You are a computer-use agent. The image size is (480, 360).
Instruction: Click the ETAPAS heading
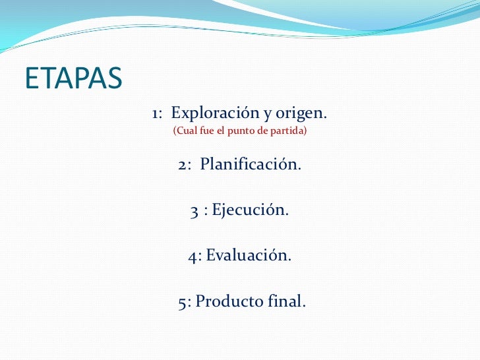coord(73,78)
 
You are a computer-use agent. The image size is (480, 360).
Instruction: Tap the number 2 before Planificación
coord(182,165)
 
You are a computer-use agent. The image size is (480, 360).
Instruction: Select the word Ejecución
coord(249,210)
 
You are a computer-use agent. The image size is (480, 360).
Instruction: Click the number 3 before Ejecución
coord(194,212)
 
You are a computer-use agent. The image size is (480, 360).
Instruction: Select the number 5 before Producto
coord(182,303)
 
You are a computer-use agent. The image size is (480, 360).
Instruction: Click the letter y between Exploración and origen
coord(268,115)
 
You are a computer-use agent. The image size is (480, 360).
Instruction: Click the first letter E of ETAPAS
coord(32,78)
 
